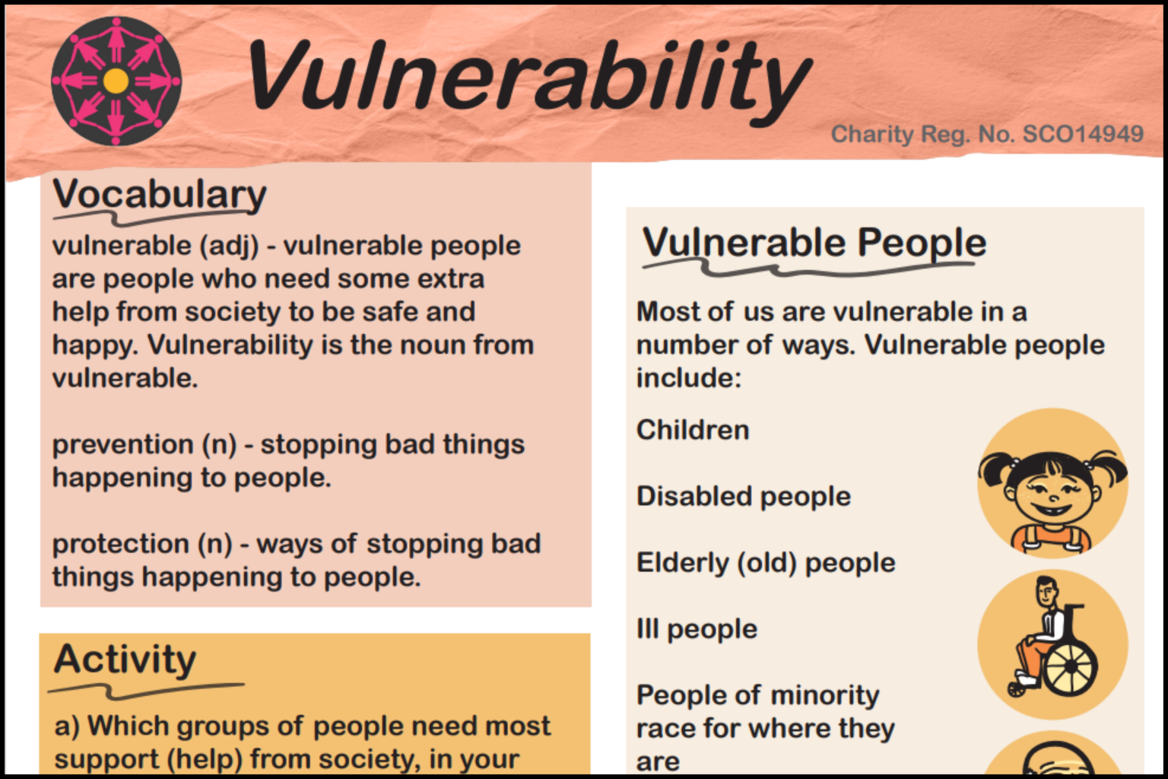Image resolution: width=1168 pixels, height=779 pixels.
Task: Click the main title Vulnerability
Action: pos(528,76)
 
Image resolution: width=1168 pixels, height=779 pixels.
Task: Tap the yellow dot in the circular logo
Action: pos(116,81)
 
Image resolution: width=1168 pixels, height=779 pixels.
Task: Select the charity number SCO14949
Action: pos(1083,134)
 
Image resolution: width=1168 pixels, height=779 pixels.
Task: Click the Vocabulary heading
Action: pos(160,195)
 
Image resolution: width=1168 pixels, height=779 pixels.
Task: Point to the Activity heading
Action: pos(125,659)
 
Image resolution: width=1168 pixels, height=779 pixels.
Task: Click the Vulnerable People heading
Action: pos(814,243)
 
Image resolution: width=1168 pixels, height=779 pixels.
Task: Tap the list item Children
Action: pos(693,430)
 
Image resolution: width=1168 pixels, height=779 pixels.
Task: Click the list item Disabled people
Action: pos(743,496)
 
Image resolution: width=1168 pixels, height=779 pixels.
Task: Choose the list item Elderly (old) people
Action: pos(765,563)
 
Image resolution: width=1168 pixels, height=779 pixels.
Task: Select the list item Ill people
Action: pos(697,629)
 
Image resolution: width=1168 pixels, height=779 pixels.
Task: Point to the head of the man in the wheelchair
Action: pos(1048,592)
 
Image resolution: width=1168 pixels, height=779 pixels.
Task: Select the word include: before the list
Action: pos(688,378)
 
